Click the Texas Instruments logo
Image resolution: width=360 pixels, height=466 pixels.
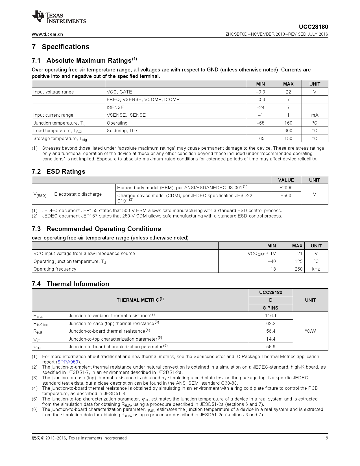(x=59, y=17)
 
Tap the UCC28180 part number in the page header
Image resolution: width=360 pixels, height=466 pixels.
(x=313, y=27)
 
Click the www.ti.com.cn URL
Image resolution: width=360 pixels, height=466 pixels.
(x=47, y=34)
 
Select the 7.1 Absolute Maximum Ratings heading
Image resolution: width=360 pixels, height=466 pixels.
(x=84, y=60)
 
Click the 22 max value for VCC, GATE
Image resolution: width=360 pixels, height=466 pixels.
(x=288, y=92)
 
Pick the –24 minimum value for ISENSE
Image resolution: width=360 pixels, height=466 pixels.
(x=260, y=107)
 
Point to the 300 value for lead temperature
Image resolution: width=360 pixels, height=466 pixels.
(x=288, y=130)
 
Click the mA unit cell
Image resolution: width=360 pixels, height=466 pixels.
(x=315, y=115)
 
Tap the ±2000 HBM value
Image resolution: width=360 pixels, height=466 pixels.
(x=286, y=188)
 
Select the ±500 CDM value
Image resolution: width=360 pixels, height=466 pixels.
(x=286, y=195)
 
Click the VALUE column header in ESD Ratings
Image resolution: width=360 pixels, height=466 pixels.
(x=286, y=180)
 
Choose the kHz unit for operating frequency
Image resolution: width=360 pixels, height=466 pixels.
(x=316, y=269)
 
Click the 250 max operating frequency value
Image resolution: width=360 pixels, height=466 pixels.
(x=298, y=269)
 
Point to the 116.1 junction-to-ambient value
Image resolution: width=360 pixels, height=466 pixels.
(x=270, y=315)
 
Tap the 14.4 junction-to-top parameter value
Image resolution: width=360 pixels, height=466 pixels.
(x=270, y=339)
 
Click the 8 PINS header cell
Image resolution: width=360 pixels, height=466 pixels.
(x=270, y=308)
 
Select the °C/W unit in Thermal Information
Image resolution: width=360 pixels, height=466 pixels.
(x=310, y=331)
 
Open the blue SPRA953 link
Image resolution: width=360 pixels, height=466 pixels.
(x=68, y=362)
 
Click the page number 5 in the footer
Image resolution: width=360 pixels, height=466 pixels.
(x=327, y=438)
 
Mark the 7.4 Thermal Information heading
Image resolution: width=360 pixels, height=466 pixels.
(x=70, y=284)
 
